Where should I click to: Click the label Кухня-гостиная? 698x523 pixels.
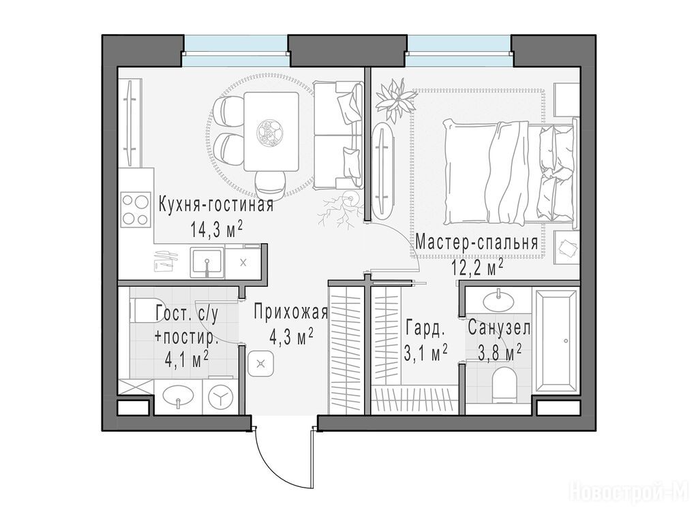click(x=216, y=206)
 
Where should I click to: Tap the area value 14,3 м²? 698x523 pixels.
click(x=216, y=229)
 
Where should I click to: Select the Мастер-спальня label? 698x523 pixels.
click(x=476, y=244)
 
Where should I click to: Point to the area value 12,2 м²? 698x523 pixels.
click(x=478, y=268)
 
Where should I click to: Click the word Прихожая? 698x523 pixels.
click(x=290, y=312)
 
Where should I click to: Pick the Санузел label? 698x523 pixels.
click(x=499, y=329)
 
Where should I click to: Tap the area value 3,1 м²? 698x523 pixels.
click(x=425, y=354)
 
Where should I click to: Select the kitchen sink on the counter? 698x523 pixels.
click(x=207, y=261)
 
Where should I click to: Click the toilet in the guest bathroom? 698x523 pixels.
click(x=142, y=310)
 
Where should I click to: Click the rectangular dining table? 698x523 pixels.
click(x=271, y=131)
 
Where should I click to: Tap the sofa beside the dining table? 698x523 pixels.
click(x=337, y=134)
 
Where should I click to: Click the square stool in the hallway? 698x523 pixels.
click(x=261, y=364)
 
